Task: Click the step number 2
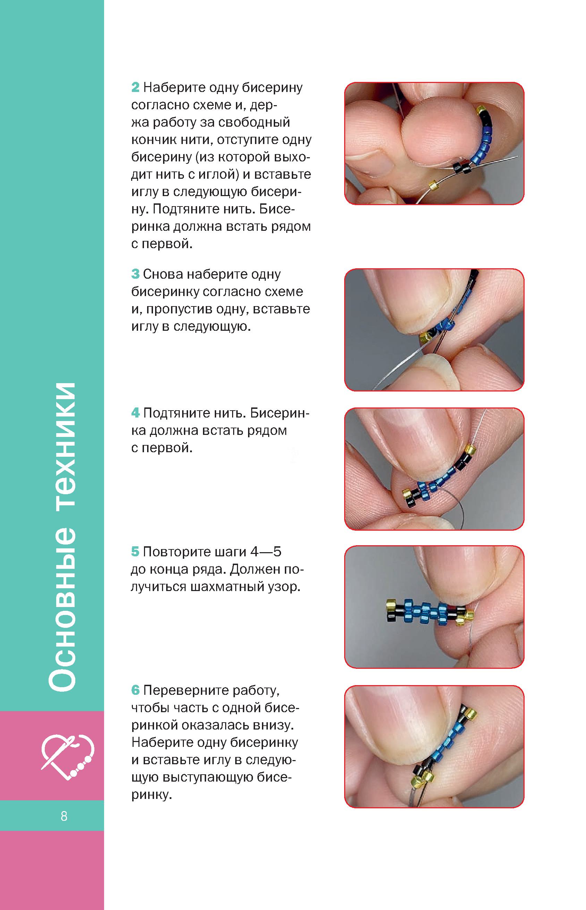tap(135, 88)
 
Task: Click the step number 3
tap(135, 275)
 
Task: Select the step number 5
tap(135, 552)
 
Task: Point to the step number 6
tap(135, 690)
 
